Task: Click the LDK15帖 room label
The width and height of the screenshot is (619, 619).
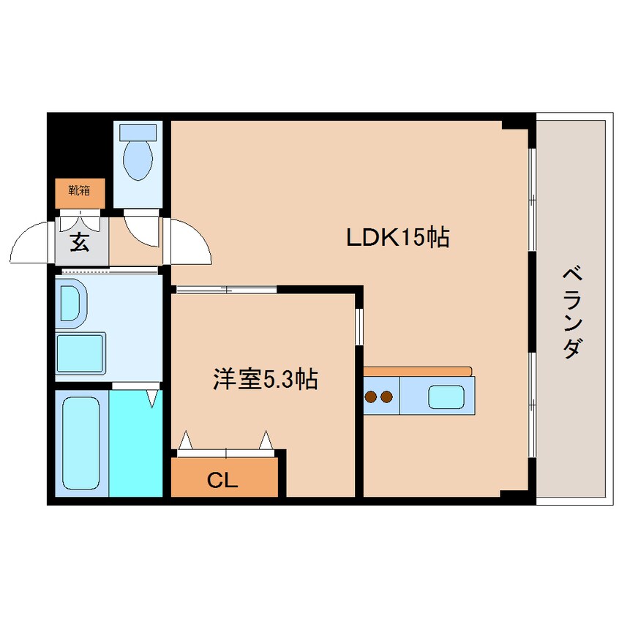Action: pyautogui.click(x=397, y=238)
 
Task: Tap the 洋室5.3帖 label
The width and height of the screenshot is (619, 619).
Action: pyautogui.click(x=265, y=380)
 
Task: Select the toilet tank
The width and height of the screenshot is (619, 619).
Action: pyautogui.click(x=138, y=132)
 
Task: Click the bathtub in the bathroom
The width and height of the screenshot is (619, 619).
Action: pyautogui.click(x=80, y=443)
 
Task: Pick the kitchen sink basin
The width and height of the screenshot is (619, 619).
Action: pyautogui.click(x=445, y=396)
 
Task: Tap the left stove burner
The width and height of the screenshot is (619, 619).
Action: pyautogui.click(x=371, y=397)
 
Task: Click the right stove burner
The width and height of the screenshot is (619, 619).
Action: pyautogui.click(x=386, y=397)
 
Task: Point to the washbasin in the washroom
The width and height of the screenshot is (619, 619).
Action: pyautogui.click(x=70, y=301)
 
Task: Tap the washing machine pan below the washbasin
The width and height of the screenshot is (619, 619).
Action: pyautogui.click(x=81, y=354)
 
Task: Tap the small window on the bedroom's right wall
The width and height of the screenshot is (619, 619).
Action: pyautogui.click(x=359, y=326)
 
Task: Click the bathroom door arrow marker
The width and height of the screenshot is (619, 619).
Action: pyautogui.click(x=152, y=399)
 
